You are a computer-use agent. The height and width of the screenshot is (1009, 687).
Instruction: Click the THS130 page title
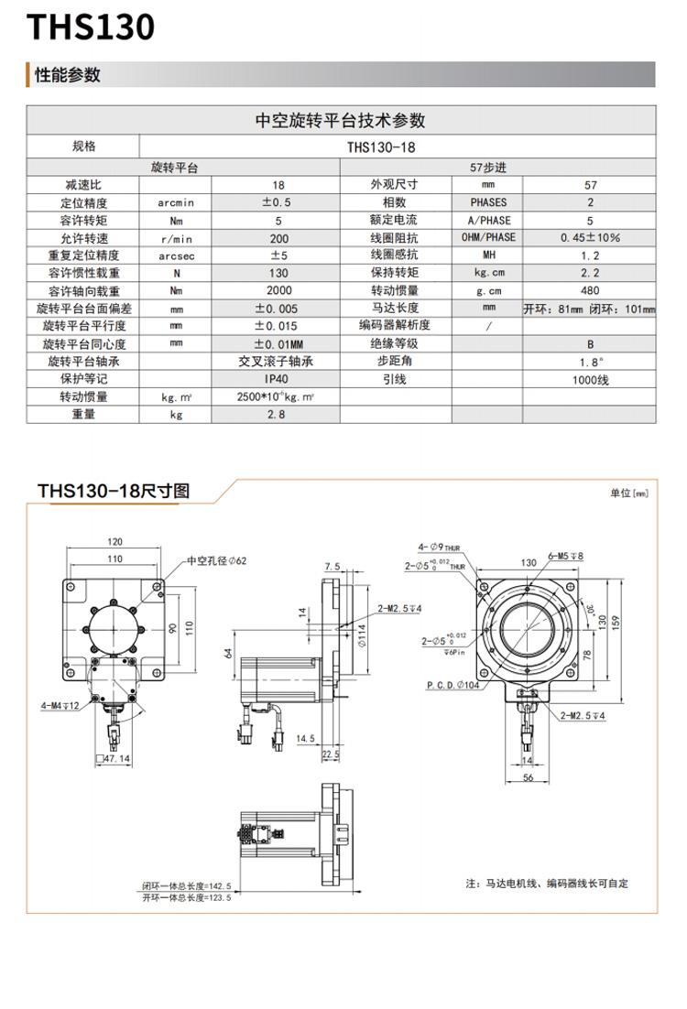[x=90, y=28]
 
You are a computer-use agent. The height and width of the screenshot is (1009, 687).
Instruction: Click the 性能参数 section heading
[x=67, y=75]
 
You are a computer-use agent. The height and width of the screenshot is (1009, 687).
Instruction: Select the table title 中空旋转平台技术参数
[x=341, y=120]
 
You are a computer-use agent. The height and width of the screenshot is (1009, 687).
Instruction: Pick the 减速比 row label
[x=83, y=185]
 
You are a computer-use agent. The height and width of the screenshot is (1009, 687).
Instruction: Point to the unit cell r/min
[x=176, y=237]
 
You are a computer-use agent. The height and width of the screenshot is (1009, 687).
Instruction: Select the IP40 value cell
[x=276, y=378]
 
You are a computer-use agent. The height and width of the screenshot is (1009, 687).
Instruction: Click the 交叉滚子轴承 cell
[x=276, y=361]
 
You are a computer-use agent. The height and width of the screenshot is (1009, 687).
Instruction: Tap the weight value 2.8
[x=276, y=414]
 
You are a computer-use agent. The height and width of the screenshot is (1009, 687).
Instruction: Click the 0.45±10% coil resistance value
[x=590, y=237]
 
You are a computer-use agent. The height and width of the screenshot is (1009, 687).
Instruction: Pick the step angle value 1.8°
[x=590, y=361]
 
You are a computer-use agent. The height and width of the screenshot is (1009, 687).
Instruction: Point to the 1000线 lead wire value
[x=590, y=378]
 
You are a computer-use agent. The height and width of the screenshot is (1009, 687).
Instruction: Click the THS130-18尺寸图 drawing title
[x=114, y=492]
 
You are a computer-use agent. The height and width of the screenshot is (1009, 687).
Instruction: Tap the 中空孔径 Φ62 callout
[x=217, y=560]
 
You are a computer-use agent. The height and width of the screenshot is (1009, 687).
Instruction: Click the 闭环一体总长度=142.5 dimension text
[x=186, y=886]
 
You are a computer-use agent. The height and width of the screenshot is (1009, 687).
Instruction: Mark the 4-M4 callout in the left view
[x=60, y=706]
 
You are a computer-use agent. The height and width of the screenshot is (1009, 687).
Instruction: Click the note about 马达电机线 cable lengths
[x=547, y=884]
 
